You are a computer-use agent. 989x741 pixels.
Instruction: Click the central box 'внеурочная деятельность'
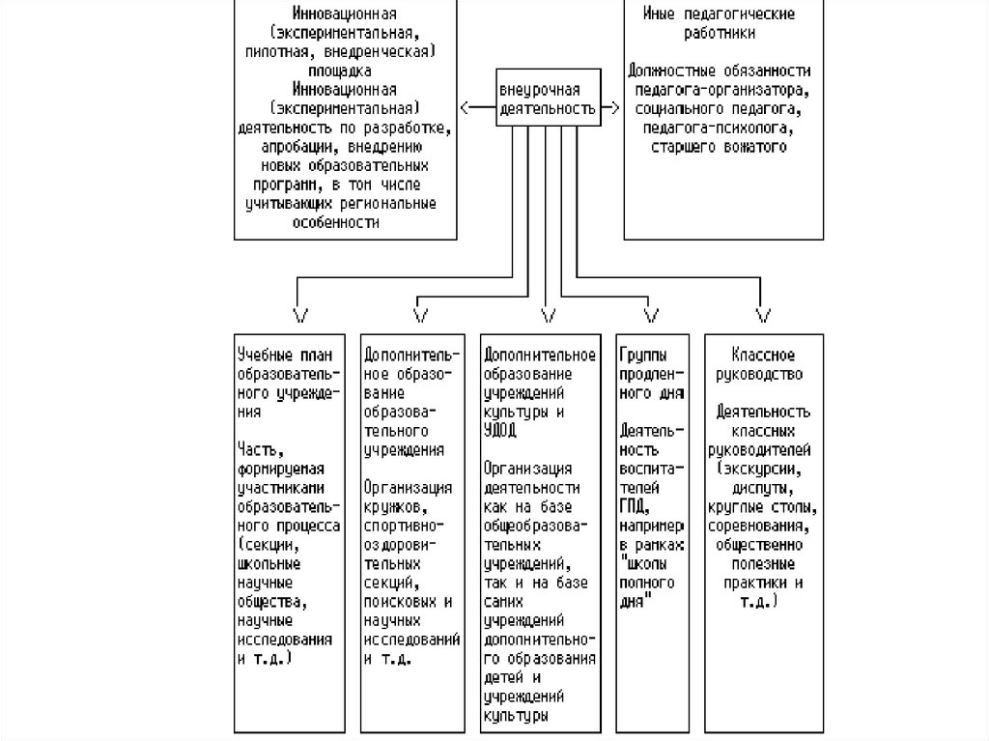(547, 99)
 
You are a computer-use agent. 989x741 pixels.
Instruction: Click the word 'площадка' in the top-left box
(345, 71)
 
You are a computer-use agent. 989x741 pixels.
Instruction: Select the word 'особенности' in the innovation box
(345, 222)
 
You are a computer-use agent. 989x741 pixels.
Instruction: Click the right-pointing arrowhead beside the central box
(614, 105)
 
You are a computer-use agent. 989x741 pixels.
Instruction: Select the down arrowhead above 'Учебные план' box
(299, 314)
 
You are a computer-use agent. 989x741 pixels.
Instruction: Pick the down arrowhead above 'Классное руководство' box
(763, 314)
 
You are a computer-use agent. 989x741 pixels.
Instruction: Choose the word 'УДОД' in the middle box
(501, 428)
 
